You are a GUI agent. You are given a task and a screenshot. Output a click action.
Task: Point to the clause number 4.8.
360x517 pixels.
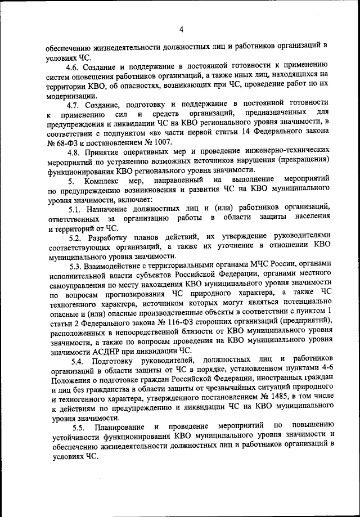click(x=73, y=152)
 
